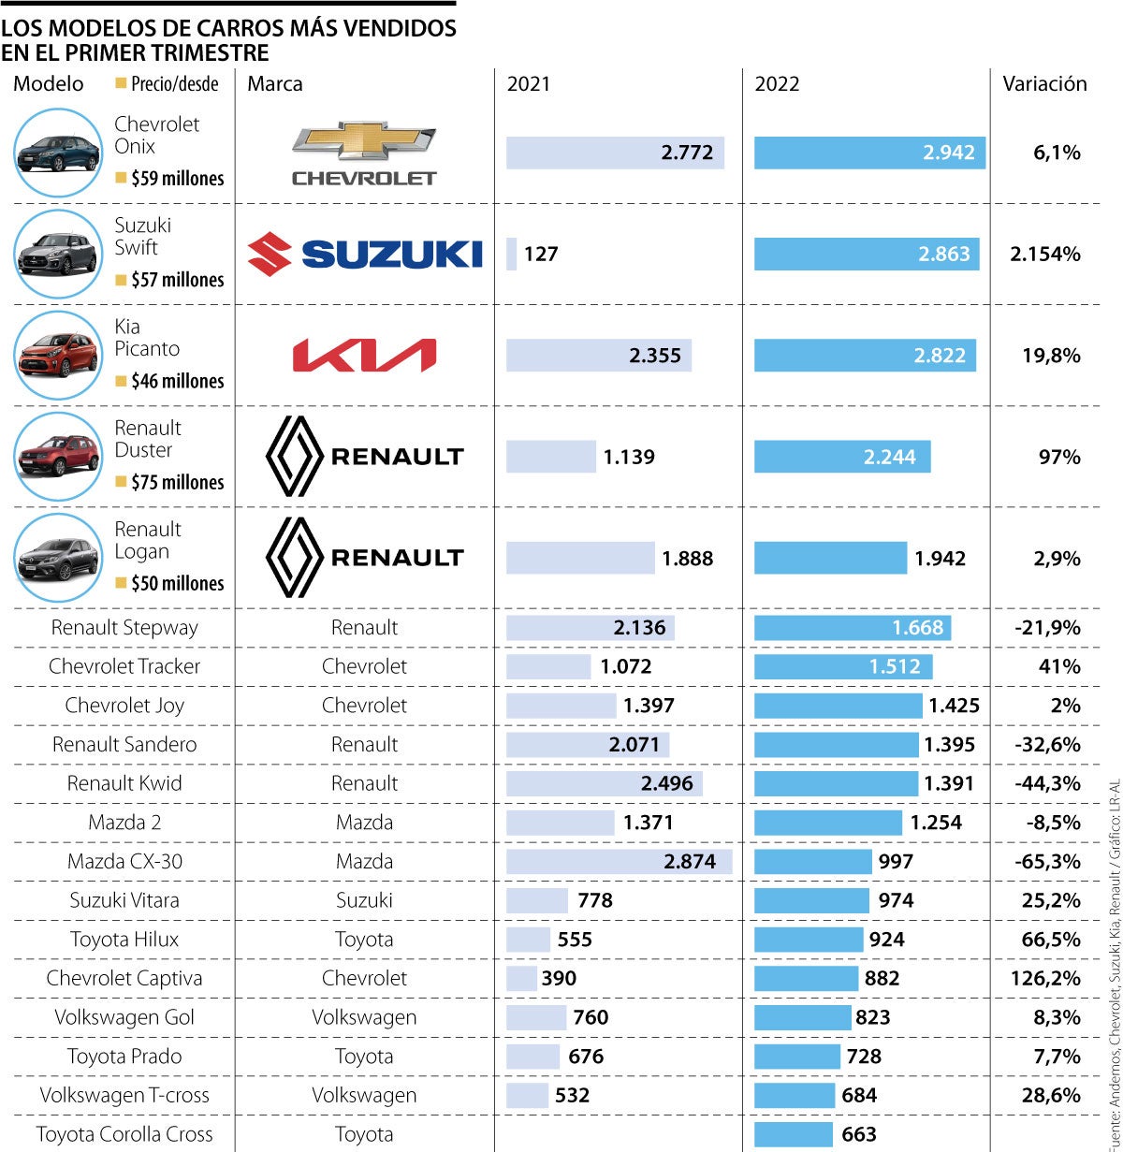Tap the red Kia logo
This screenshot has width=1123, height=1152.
click(364, 356)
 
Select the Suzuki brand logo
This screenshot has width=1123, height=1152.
click(365, 254)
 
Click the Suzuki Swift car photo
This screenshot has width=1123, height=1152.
click(57, 254)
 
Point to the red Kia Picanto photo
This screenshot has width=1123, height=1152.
click(57, 356)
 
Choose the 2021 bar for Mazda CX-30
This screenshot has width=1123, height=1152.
click(619, 862)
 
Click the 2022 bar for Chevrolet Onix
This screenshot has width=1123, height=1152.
click(869, 153)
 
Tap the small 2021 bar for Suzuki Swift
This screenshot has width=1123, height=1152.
click(511, 254)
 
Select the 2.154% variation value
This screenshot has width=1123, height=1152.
click(1045, 254)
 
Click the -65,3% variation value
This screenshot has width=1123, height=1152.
click(1047, 862)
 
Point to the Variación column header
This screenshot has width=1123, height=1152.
click(1044, 84)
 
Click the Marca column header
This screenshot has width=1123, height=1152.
click(275, 84)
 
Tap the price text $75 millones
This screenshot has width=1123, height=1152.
click(177, 482)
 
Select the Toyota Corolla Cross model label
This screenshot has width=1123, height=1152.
click(124, 1134)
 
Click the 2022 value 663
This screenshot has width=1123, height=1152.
click(859, 1134)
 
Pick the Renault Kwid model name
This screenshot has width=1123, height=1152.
click(124, 783)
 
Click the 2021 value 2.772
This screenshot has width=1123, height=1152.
click(687, 153)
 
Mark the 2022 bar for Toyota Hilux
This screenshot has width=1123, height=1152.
click(809, 940)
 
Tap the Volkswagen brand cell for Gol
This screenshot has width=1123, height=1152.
click(364, 1017)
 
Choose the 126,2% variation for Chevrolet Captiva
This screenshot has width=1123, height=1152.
click(1051, 979)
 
